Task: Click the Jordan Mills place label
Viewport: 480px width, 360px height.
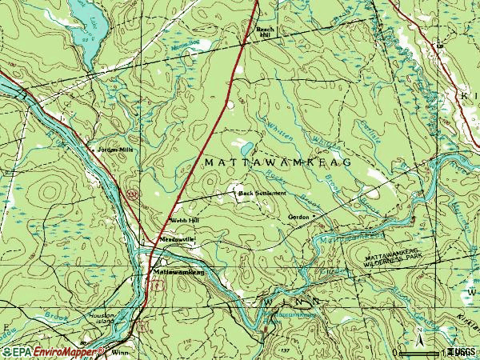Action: coord(111,149)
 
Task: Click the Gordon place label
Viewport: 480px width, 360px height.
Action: coord(298,217)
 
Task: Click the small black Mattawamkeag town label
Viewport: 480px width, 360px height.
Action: coord(178,272)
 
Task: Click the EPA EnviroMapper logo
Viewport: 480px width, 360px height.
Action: coord(52,351)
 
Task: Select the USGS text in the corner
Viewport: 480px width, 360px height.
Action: coord(462,351)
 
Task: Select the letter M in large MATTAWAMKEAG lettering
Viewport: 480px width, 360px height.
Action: coord(210,162)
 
